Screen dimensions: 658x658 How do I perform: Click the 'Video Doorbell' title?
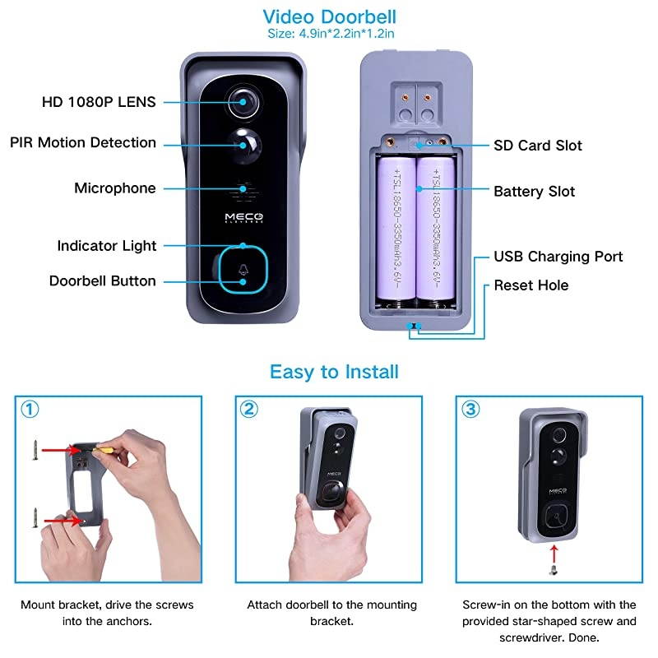[x=328, y=16]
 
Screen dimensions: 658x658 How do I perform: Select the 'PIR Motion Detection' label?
[x=83, y=142]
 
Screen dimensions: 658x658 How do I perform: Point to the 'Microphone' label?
[x=114, y=188]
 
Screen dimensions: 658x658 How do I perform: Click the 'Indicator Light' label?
[x=106, y=246]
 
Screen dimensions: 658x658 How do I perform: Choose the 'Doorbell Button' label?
[x=102, y=280]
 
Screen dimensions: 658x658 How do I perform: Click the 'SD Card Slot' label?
[x=537, y=146]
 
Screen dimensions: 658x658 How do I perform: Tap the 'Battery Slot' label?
[x=534, y=192]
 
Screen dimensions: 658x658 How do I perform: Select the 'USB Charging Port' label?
[x=558, y=257]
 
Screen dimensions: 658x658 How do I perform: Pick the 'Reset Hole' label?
[x=531, y=285]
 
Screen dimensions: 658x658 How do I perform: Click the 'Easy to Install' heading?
[x=334, y=372]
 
